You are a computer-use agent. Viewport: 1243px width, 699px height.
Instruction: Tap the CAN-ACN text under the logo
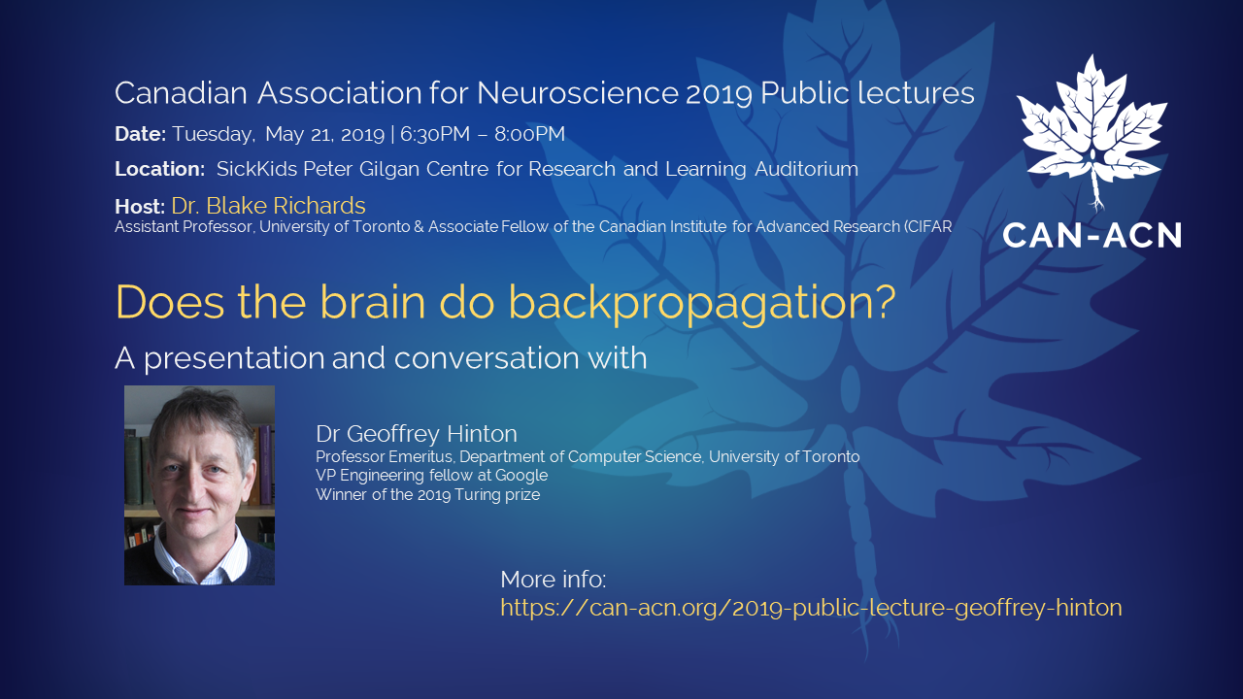click(1092, 236)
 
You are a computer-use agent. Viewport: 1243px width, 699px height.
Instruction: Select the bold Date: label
click(141, 134)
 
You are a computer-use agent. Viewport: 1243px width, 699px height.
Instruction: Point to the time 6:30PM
click(434, 134)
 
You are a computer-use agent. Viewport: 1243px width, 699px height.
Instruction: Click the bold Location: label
click(160, 169)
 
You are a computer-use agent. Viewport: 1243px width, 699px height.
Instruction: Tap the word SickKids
click(256, 169)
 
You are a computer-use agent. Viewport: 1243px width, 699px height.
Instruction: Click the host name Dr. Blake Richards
click(269, 206)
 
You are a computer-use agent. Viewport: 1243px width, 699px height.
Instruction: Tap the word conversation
click(487, 358)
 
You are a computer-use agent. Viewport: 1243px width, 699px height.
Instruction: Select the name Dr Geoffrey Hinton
click(417, 434)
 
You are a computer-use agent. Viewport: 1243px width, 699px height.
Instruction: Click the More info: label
click(554, 580)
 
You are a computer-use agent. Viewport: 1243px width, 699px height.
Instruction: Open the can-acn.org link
click(811, 608)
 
